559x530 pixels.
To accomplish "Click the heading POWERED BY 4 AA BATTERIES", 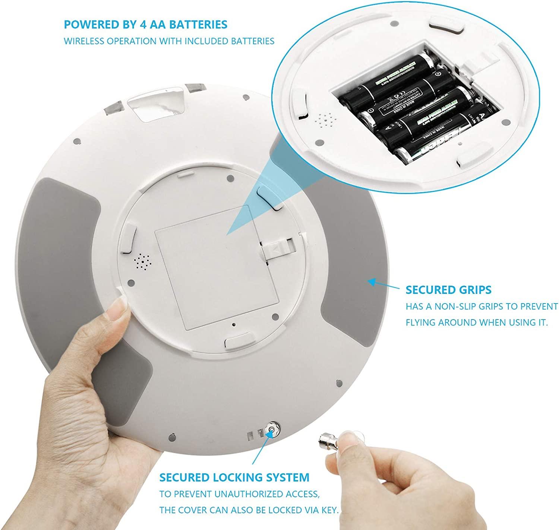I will tap(145, 25).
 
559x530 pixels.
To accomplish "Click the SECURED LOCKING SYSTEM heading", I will tap(234, 477).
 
